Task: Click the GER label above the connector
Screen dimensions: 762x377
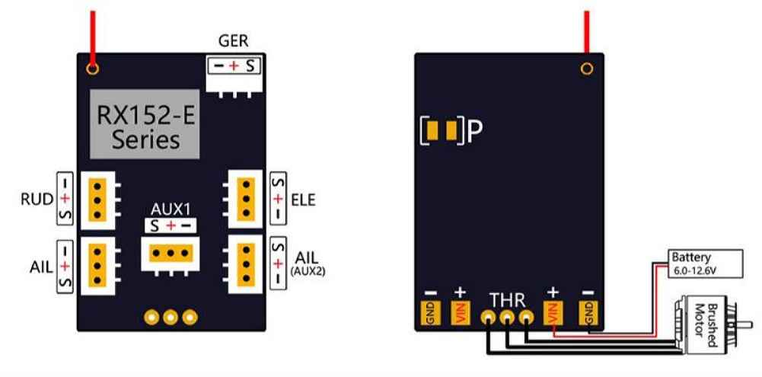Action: (x=233, y=41)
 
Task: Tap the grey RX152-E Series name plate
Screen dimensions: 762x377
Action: (x=145, y=124)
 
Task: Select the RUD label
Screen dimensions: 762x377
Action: (x=37, y=200)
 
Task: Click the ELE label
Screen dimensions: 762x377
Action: (x=303, y=200)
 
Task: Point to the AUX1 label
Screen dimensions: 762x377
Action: (x=170, y=210)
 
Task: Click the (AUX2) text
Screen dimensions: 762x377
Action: (x=308, y=273)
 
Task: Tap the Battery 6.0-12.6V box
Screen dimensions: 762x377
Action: (x=706, y=264)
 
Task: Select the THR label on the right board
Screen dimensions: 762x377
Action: (x=507, y=300)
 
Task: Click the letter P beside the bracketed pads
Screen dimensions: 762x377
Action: (x=475, y=131)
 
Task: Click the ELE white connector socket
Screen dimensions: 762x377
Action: (x=244, y=199)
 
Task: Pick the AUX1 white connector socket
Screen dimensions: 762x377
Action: (x=171, y=254)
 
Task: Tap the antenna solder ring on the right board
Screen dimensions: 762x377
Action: (x=587, y=69)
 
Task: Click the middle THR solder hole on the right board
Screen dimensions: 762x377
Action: (x=507, y=318)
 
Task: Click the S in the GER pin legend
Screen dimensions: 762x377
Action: (x=250, y=65)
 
